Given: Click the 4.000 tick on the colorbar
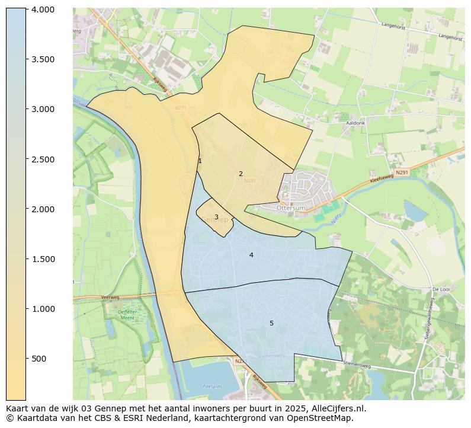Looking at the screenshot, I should (43, 9).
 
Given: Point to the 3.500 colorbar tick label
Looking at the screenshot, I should (43, 59).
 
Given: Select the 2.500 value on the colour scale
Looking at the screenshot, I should (43, 159).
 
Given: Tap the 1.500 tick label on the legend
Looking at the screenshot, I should (43, 259).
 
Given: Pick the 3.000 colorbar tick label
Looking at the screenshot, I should (43, 109).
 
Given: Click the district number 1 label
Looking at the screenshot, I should (200, 161).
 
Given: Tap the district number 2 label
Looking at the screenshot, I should (241, 174).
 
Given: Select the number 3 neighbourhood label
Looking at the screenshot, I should (216, 217).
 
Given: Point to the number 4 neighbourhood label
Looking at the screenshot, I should (251, 255).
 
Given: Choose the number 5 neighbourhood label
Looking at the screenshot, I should (271, 323).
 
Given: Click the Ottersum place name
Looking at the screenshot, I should (291, 208).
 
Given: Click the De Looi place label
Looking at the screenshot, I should (442, 289).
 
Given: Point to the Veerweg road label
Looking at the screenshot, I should (110, 296).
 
